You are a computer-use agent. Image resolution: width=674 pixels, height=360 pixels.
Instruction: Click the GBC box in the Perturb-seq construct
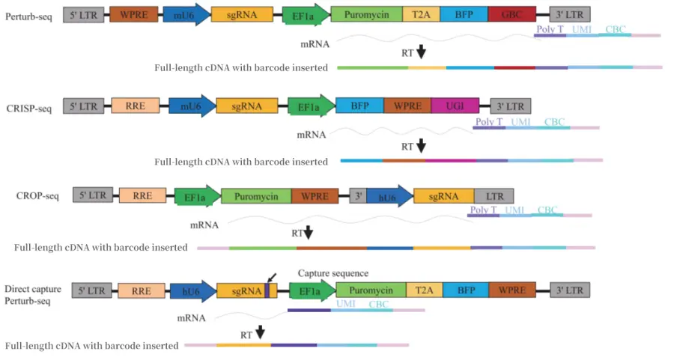(x=511, y=14)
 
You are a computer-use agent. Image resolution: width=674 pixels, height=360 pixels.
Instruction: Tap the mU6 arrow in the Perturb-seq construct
(x=185, y=14)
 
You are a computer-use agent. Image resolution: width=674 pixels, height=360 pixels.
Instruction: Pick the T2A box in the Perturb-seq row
(x=421, y=14)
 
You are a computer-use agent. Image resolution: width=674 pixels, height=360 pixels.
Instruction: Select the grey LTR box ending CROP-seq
(x=494, y=195)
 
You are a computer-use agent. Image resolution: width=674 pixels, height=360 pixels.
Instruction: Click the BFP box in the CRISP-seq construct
(x=359, y=106)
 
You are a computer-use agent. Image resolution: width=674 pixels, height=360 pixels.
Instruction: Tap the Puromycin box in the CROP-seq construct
(x=255, y=196)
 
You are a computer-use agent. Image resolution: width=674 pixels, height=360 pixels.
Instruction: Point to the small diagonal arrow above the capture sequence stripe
(x=271, y=277)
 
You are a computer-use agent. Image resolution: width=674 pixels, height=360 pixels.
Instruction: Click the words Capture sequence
(x=333, y=273)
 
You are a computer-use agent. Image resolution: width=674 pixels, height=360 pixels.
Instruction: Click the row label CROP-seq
(x=37, y=196)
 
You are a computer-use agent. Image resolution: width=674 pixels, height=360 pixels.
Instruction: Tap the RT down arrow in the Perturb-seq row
(x=421, y=52)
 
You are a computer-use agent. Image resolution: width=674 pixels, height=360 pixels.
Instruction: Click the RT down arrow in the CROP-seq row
(x=308, y=233)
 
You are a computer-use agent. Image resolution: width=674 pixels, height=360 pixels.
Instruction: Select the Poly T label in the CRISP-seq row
(x=489, y=122)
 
